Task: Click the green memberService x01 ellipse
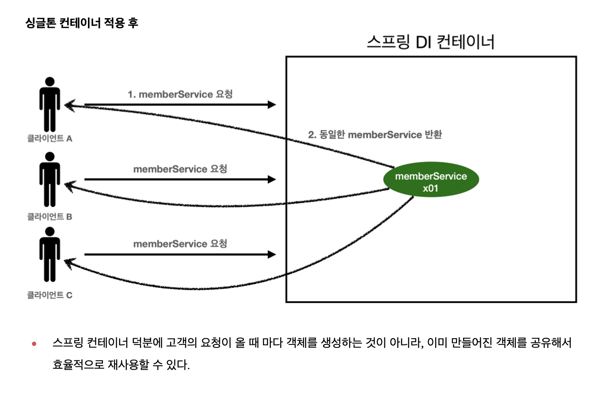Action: point(431,179)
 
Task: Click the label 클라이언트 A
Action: point(49,139)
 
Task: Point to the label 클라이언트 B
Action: point(49,217)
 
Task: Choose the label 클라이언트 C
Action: point(49,295)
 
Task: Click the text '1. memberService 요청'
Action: point(180,94)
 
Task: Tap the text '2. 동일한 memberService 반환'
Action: point(375,135)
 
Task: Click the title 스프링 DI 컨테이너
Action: point(430,42)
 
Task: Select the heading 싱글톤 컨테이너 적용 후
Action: point(82,23)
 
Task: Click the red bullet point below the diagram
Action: point(34,344)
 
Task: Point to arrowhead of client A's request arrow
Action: point(272,105)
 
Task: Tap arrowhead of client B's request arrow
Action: point(272,179)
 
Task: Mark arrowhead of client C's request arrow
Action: point(272,254)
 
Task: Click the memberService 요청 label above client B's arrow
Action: point(180,169)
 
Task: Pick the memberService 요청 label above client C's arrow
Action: point(180,244)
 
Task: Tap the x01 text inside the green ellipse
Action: point(430,189)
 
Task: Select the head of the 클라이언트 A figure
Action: point(50,82)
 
